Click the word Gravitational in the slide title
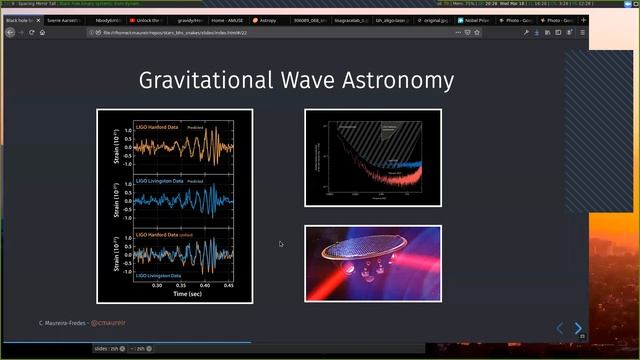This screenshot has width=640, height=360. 208,80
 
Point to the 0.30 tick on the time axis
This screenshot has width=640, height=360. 157,285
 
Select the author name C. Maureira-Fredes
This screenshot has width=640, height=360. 62,323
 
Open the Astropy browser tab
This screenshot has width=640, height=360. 265,20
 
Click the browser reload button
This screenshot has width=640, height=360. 31,32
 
